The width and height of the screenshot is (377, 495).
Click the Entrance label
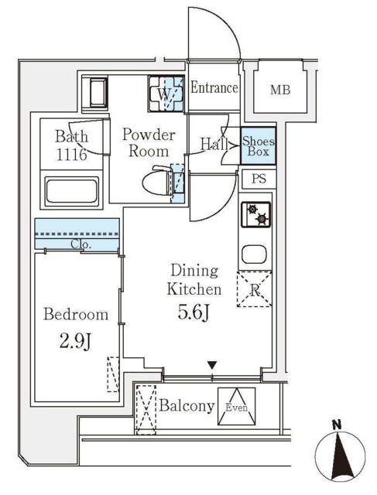[214, 87]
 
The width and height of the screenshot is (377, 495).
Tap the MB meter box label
[280, 90]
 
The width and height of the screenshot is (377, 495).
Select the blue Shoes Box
[258, 145]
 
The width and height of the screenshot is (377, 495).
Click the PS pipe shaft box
[259, 179]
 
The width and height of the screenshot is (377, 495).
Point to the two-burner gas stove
[256, 214]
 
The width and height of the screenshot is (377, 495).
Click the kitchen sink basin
[254, 254]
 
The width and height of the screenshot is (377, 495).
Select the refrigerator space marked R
[255, 288]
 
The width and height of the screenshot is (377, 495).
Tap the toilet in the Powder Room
[159, 181]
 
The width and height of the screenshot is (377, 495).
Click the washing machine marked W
[166, 94]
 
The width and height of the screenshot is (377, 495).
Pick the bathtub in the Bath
[72, 190]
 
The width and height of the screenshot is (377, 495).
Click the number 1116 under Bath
[71, 155]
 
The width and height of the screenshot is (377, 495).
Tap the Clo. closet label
[81, 244]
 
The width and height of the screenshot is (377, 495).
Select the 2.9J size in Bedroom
[75, 342]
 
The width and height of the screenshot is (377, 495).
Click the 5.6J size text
[194, 312]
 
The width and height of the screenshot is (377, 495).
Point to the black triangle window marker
[212, 365]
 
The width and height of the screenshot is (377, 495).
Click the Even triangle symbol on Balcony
[236, 406]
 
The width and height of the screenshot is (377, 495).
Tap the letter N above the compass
[338, 425]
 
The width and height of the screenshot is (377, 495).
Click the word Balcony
[187, 405]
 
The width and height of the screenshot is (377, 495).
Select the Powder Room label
[149, 142]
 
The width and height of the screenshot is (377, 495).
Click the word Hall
[214, 145]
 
